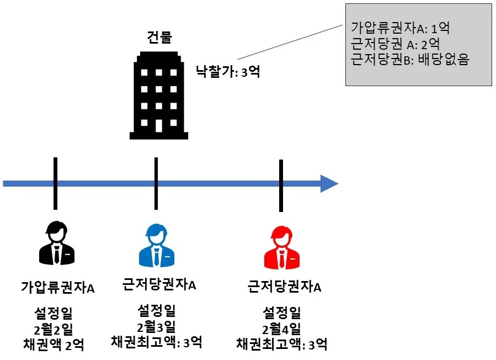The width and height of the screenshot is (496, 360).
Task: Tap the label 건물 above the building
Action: [x=159, y=38]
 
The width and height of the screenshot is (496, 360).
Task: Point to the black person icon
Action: [x=56, y=243]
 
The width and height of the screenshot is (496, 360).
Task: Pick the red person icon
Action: [x=281, y=246]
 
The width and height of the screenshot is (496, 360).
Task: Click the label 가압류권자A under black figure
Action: [x=58, y=288]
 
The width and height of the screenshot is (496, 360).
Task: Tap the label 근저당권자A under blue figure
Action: [x=159, y=285]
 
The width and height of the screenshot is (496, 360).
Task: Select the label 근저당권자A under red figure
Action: [x=285, y=287]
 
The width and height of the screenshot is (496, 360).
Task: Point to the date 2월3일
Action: [x=157, y=326]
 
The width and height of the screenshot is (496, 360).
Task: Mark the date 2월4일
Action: [x=282, y=329]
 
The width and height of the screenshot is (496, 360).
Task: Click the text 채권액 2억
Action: [x=54, y=345]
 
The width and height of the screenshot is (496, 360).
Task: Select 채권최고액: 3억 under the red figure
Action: [x=282, y=345]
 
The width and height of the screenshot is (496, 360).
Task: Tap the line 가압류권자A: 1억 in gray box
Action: [x=401, y=27]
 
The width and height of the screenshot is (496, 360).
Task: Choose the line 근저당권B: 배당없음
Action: [x=409, y=59]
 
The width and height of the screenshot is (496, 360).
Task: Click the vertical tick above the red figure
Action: [x=281, y=186]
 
